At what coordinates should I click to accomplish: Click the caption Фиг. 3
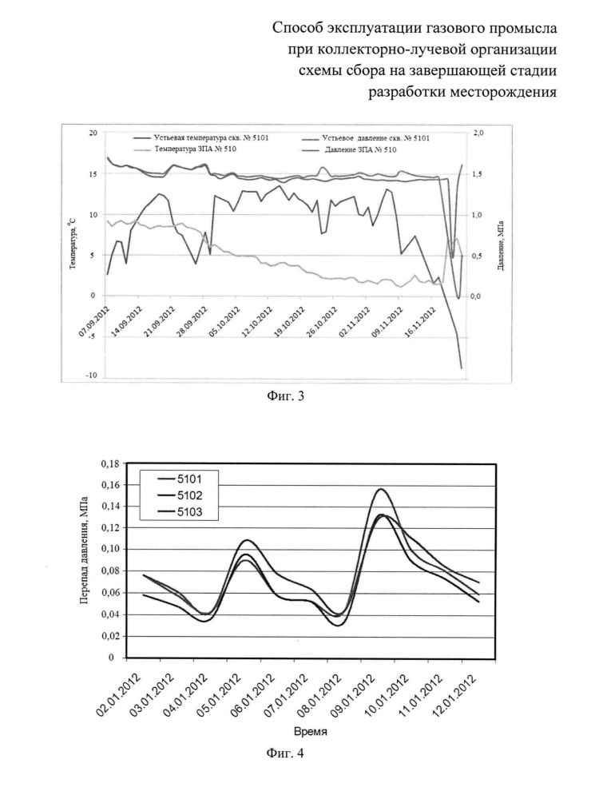point(285,396)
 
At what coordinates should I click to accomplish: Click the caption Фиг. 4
point(285,753)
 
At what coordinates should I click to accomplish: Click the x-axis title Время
point(310,732)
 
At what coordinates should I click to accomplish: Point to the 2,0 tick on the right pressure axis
point(478,133)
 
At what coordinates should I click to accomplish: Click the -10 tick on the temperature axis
point(92,376)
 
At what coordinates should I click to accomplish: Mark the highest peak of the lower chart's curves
point(380,489)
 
